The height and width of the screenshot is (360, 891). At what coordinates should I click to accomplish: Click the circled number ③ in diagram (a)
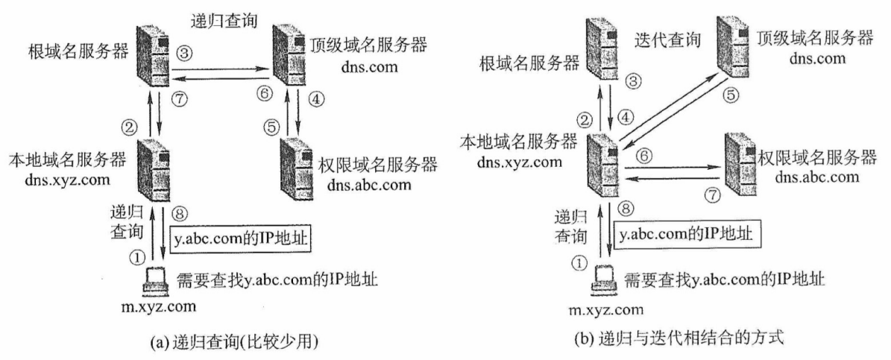point(183,54)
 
